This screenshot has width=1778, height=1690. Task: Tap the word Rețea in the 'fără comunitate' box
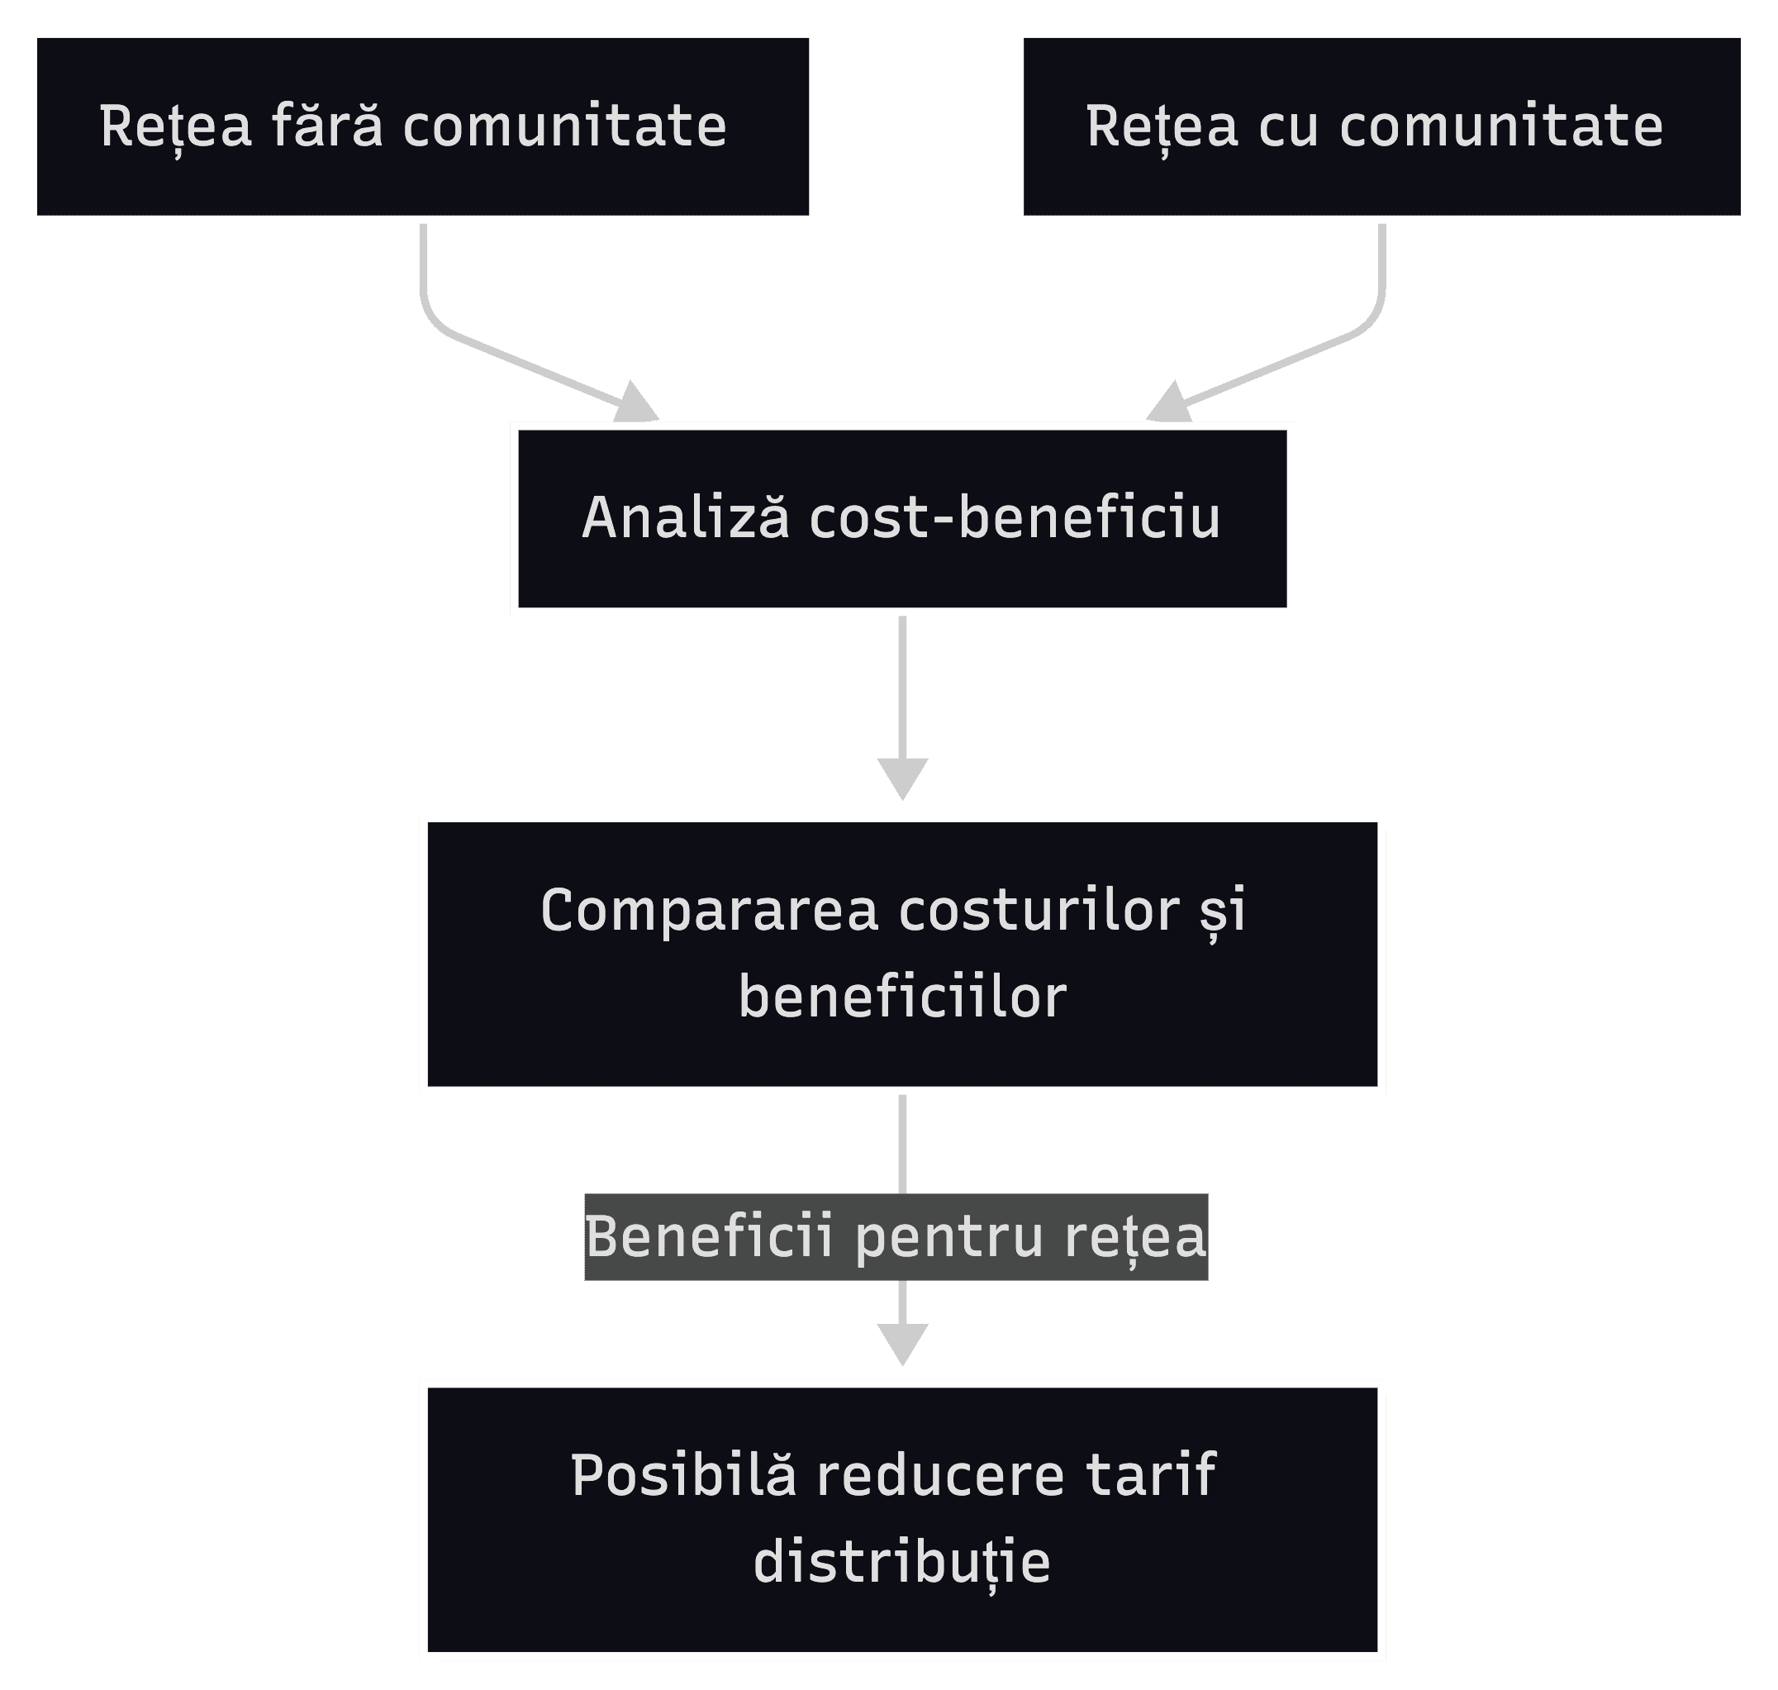tap(176, 127)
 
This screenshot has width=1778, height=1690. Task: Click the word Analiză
tap(686, 518)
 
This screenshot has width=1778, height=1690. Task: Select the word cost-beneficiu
tap(1015, 518)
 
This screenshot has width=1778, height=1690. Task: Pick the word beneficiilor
tap(902, 997)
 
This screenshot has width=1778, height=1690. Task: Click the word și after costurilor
tap(1224, 912)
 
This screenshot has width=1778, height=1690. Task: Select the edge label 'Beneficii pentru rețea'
tap(896, 1236)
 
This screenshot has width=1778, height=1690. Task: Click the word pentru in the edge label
tap(949, 1238)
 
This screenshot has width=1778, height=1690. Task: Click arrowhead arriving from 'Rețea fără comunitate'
tap(637, 403)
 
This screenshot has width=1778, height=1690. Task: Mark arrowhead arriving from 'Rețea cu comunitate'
tap(1170, 403)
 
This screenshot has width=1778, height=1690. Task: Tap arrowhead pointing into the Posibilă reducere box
tap(902, 1343)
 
